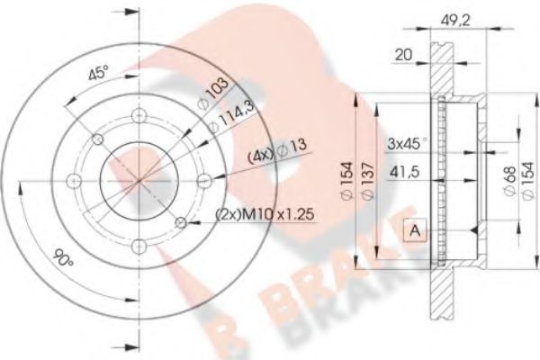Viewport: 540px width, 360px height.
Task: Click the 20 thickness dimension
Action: point(405,56)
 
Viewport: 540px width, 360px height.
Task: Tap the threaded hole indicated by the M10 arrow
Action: point(182,222)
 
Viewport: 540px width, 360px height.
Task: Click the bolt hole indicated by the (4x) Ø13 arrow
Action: point(205,180)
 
